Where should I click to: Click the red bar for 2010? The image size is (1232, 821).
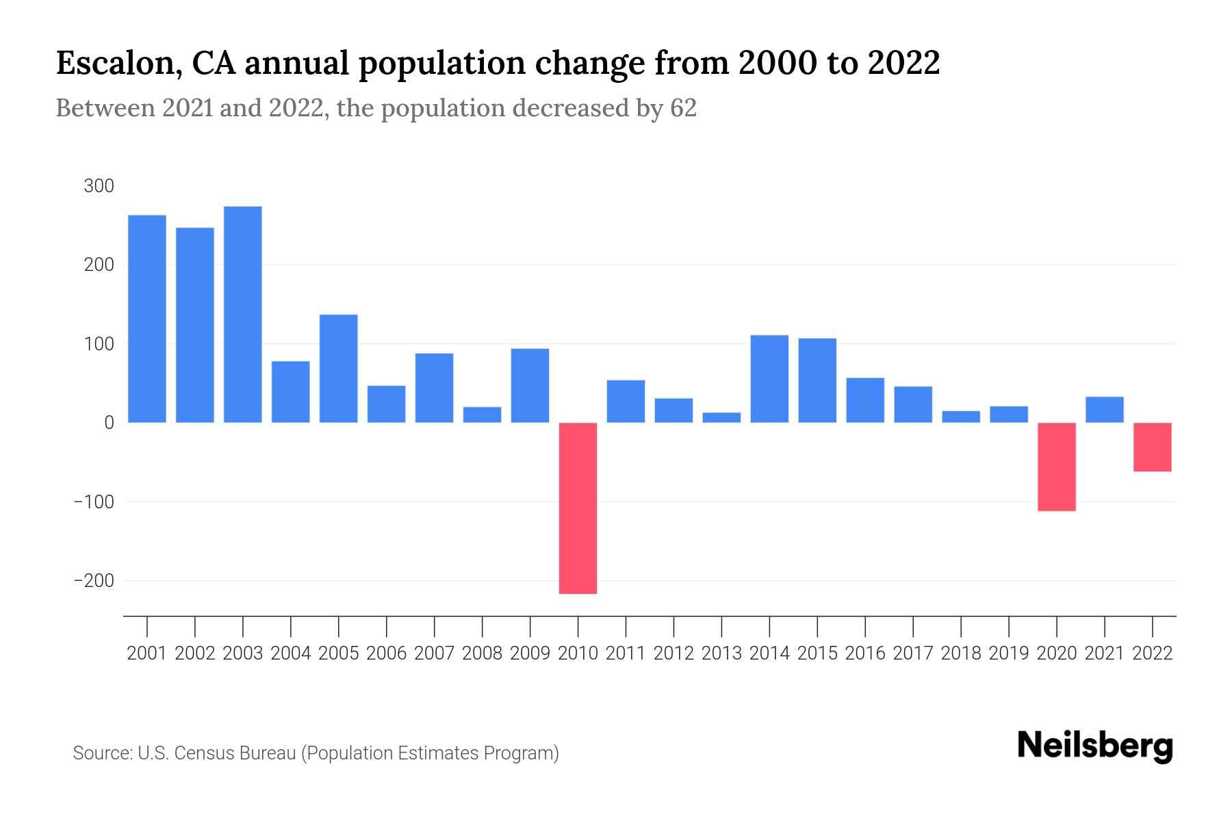[x=578, y=508]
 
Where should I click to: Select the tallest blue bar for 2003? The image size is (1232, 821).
[x=242, y=315]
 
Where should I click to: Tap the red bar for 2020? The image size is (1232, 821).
[x=1056, y=467]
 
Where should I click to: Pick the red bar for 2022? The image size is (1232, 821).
[x=1152, y=447]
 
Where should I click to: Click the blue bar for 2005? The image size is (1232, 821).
[x=338, y=368]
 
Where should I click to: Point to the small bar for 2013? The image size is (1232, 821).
[x=721, y=417]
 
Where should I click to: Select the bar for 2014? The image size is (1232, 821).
[x=769, y=378]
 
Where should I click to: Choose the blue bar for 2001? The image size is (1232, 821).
[x=147, y=319]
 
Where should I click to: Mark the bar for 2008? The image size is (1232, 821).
[x=482, y=415]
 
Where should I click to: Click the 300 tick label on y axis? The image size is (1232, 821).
[x=99, y=186]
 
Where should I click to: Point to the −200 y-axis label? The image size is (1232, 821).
[x=94, y=581]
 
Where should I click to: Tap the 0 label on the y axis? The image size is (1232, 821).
[x=109, y=423]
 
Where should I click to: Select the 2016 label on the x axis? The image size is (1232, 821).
[x=864, y=653]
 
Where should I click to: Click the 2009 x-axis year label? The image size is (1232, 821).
[x=530, y=653]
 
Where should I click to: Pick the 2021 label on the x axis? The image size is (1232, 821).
[x=1104, y=653]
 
